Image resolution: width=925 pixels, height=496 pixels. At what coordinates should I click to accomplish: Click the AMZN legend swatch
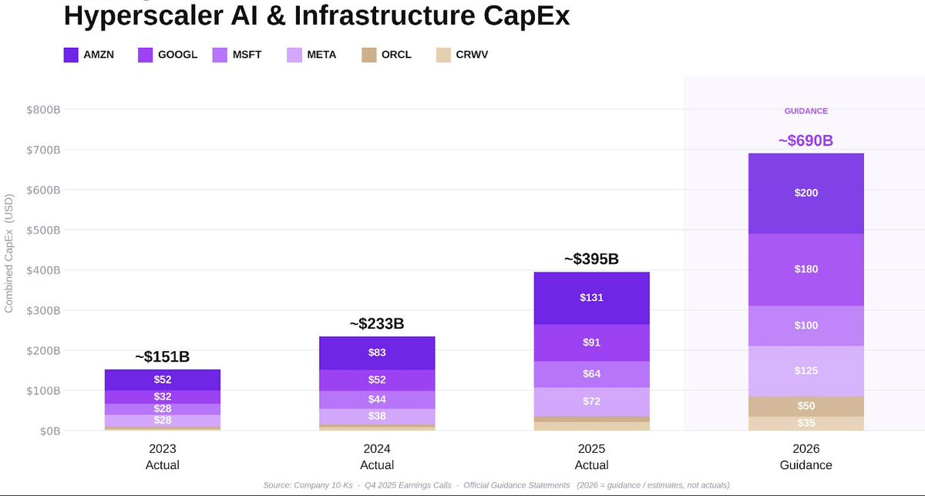(71, 55)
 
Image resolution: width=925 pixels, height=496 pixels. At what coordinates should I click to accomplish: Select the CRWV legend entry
(471, 55)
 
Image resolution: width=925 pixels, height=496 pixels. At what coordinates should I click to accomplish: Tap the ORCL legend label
(396, 55)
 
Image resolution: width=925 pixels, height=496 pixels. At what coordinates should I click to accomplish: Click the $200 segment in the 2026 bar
(806, 193)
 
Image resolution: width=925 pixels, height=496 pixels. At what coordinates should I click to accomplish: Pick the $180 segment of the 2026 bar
(806, 269)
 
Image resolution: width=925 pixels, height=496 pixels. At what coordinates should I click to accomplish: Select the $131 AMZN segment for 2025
(591, 297)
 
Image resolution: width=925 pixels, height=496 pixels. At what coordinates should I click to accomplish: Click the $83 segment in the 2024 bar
(377, 353)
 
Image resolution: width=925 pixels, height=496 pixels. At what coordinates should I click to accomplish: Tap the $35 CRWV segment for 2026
(806, 423)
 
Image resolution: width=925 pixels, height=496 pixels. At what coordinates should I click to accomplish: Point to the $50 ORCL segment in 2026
(806, 406)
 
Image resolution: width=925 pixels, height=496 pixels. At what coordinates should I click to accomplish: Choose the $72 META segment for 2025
(591, 401)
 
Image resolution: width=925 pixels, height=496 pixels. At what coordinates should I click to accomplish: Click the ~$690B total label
(806, 141)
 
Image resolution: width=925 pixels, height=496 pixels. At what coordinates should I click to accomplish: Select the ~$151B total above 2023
(162, 357)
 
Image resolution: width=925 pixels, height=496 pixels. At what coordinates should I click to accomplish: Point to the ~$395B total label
(591, 259)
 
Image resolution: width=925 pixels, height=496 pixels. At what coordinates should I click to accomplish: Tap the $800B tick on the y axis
(43, 110)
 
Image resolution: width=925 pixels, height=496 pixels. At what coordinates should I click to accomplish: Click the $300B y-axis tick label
(43, 310)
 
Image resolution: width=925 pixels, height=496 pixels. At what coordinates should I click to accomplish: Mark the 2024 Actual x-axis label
(377, 457)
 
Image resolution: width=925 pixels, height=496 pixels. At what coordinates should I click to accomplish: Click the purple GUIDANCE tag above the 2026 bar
(806, 111)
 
